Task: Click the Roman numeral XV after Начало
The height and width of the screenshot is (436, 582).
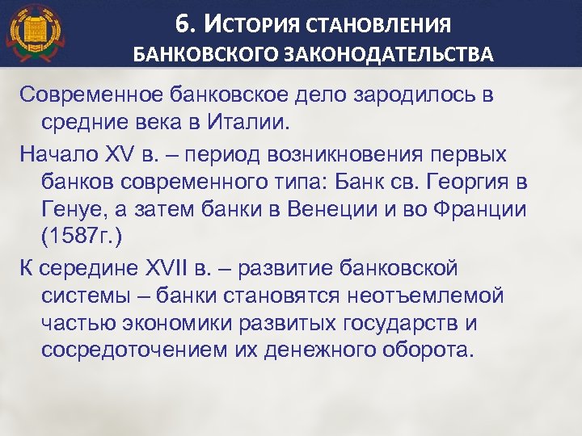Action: click(x=120, y=153)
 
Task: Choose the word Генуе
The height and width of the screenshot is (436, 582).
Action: click(x=72, y=209)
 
